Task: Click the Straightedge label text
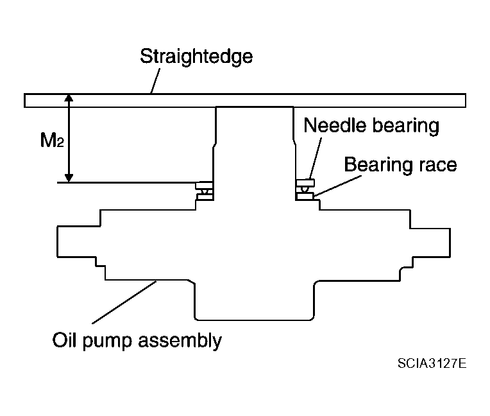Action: (196, 57)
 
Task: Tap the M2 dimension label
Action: (52, 140)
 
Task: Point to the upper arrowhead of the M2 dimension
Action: (69, 98)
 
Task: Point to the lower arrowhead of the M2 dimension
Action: (69, 178)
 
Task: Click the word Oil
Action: (64, 340)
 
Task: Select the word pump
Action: (107, 342)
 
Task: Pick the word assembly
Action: (180, 342)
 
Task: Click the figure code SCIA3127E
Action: (432, 363)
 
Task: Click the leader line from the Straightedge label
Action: (156, 81)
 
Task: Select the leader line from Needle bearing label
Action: (316, 159)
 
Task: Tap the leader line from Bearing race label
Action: (337, 186)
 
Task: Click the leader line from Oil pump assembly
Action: (124, 302)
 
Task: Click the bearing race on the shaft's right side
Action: (305, 196)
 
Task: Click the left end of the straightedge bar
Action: (24, 100)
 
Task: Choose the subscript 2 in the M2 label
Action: (61, 143)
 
